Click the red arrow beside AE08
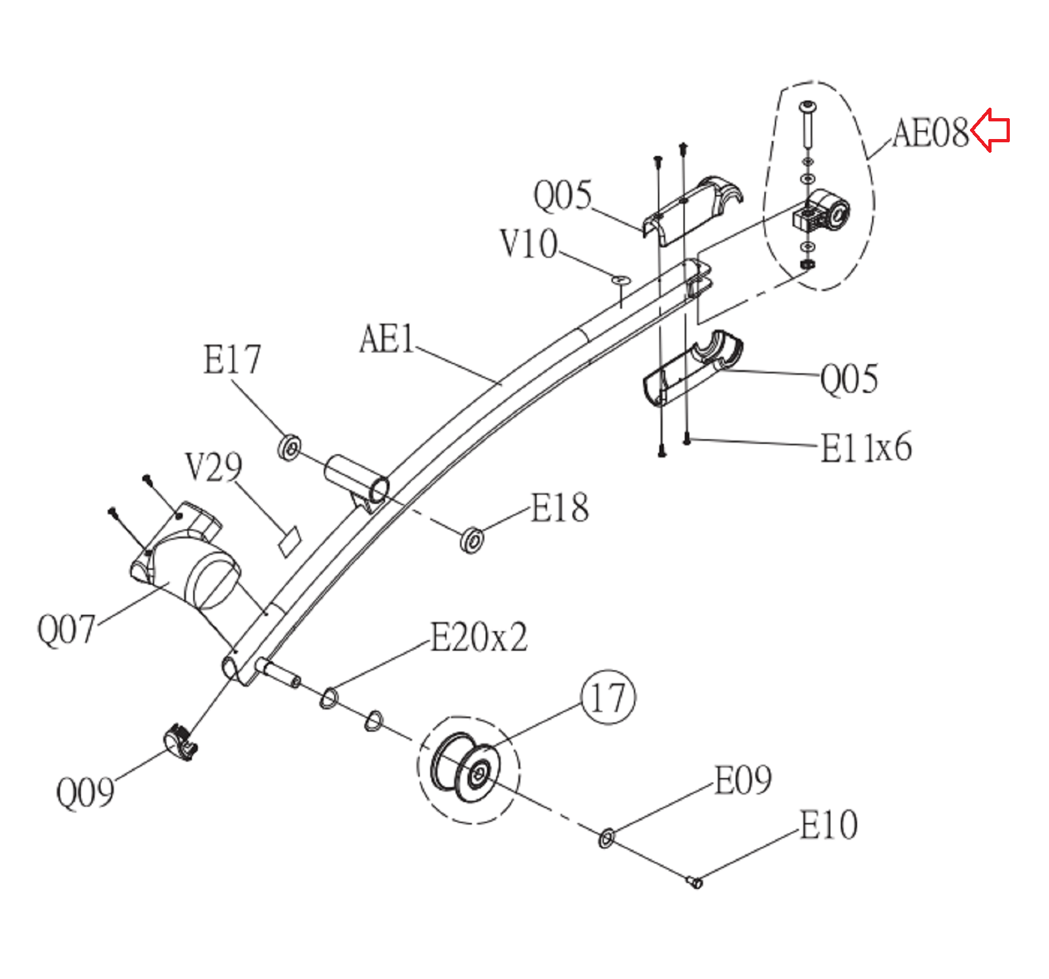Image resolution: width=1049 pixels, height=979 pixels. [x=990, y=130]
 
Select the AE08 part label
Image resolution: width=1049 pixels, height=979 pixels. [x=930, y=133]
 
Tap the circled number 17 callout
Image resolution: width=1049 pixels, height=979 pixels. [x=608, y=698]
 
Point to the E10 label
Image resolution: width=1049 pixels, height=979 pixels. [x=828, y=825]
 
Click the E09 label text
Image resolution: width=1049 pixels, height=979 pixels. [x=743, y=780]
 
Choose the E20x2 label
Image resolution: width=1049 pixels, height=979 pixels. [x=478, y=638]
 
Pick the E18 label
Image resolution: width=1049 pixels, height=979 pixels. [x=559, y=508]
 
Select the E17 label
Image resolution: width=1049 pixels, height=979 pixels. [x=232, y=360]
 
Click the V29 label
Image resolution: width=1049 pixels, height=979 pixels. [x=213, y=467]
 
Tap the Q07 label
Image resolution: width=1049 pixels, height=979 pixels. [x=66, y=630]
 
